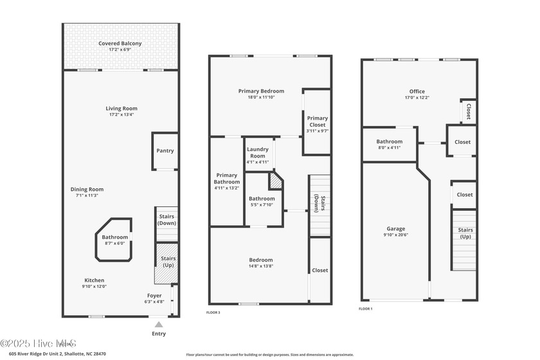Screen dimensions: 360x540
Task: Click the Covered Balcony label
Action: point(120,44)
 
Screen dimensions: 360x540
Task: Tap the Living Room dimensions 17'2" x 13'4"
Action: point(122,115)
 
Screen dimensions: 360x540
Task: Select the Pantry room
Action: point(165,151)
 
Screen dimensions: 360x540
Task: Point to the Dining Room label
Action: point(87,190)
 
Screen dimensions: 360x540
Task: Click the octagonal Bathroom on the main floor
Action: point(114,239)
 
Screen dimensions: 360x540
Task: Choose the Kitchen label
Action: point(93,280)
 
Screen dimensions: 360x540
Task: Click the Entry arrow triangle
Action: point(159,325)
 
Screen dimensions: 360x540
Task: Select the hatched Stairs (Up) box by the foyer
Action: point(165,262)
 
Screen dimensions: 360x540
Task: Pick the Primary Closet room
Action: point(317,122)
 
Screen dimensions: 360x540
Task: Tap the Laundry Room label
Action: point(258,153)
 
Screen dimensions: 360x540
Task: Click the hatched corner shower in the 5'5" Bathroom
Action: point(276,181)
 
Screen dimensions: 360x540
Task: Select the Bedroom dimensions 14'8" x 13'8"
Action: point(261,266)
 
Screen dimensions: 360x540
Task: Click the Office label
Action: point(417,91)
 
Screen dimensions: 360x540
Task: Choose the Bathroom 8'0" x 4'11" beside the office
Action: point(389,144)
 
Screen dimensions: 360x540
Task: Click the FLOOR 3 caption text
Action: point(213,312)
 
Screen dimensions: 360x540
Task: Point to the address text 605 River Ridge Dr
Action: point(39,354)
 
